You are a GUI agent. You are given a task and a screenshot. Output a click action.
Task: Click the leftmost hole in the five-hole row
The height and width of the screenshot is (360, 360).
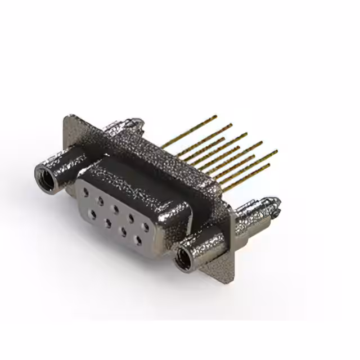pos(85,191)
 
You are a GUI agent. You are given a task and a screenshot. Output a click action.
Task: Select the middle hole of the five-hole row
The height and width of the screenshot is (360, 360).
pos(115,209)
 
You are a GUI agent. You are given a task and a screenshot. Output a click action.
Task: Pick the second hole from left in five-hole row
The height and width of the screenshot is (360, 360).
pos(100,200)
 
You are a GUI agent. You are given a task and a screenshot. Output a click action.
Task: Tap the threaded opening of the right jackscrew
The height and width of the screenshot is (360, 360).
pos(182,260)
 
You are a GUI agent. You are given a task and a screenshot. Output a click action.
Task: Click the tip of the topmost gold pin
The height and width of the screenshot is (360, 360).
pos(215,117)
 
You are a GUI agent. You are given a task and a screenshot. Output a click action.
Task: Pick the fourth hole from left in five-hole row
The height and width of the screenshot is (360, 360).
pos(130,218)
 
